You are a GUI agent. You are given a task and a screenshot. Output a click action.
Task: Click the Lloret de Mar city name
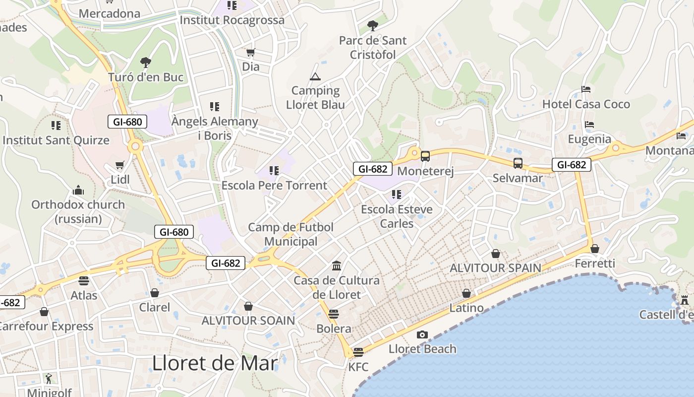pos(215,363)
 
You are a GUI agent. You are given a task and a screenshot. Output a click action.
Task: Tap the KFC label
pos(358,367)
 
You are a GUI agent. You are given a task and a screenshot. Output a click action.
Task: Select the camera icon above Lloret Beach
pos(422,334)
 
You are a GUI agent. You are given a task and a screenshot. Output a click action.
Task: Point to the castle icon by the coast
pos(685,300)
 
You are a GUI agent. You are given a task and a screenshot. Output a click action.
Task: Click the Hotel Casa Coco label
pos(586,104)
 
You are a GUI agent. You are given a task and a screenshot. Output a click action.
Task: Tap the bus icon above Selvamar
pos(518,163)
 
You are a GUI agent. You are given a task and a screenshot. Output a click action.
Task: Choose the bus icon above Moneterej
pos(425,156)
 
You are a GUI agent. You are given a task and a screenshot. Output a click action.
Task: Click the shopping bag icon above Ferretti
pos(595,249)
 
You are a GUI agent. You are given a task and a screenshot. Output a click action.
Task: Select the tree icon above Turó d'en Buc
pos(145,63)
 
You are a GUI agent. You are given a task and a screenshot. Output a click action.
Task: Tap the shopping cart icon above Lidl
pos(119,165)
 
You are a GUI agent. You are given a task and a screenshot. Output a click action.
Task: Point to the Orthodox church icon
pos(78,190)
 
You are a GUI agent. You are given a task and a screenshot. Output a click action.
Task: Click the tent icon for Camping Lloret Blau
pos(315,76)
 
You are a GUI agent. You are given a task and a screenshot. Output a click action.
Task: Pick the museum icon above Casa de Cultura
pos(337,265)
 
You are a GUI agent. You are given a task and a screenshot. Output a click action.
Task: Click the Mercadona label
pos(110,13)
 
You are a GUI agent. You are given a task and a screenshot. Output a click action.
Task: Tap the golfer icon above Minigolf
pos(48,379)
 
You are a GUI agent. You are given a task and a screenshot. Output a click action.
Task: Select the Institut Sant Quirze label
pos(56,140)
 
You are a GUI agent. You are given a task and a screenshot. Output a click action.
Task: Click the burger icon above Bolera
pos(334,314)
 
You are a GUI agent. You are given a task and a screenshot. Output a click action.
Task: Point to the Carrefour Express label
pos(47,326)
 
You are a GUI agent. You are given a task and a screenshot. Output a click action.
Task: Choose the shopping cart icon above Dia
pos(251,52)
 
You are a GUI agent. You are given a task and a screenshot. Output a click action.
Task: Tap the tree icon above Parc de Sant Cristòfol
pos(372,25)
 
